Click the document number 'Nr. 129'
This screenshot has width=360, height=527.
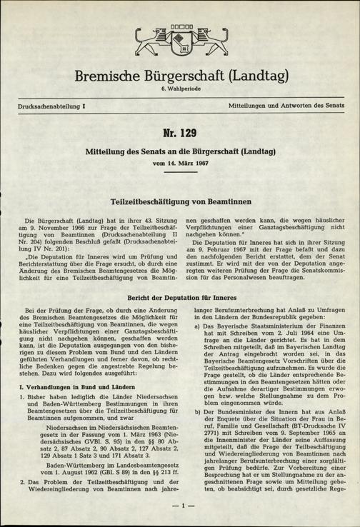[x=180, y=135]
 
